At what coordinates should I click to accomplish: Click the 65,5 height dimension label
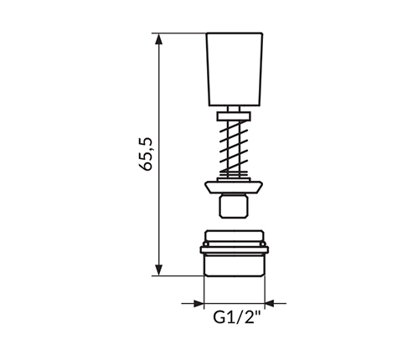tap(146, 153)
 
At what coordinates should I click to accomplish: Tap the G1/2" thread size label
tap(237, 317)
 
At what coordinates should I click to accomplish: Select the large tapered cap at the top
tap(235, 69)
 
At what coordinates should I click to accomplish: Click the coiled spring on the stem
tap(234, 147)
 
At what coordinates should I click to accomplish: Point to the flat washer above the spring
tap(234, 116)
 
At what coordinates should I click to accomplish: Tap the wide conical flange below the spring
tap(234, 188)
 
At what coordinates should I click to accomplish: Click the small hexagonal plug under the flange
tap(234, 206)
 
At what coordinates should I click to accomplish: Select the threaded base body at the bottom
tap(234, 253)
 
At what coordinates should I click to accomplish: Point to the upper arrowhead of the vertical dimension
tap(158, 39)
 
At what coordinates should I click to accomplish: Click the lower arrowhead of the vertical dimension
tap(158, 270)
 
